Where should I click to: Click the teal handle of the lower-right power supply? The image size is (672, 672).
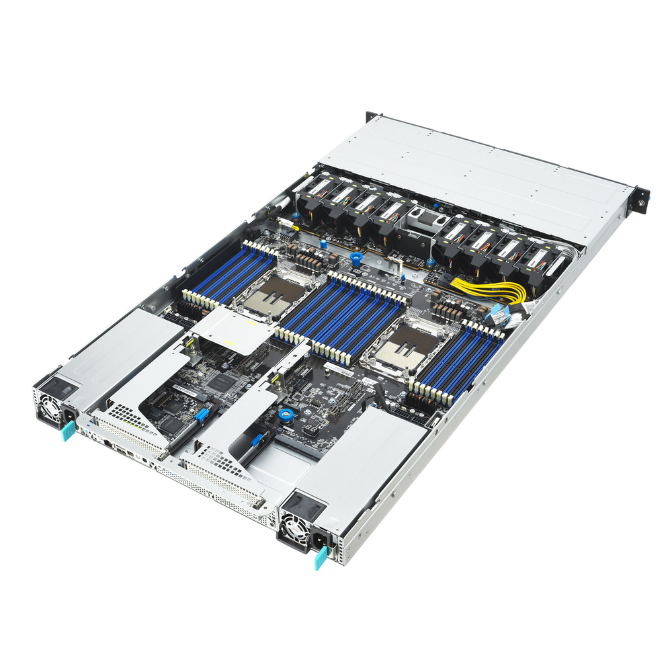tap(318, 558)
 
